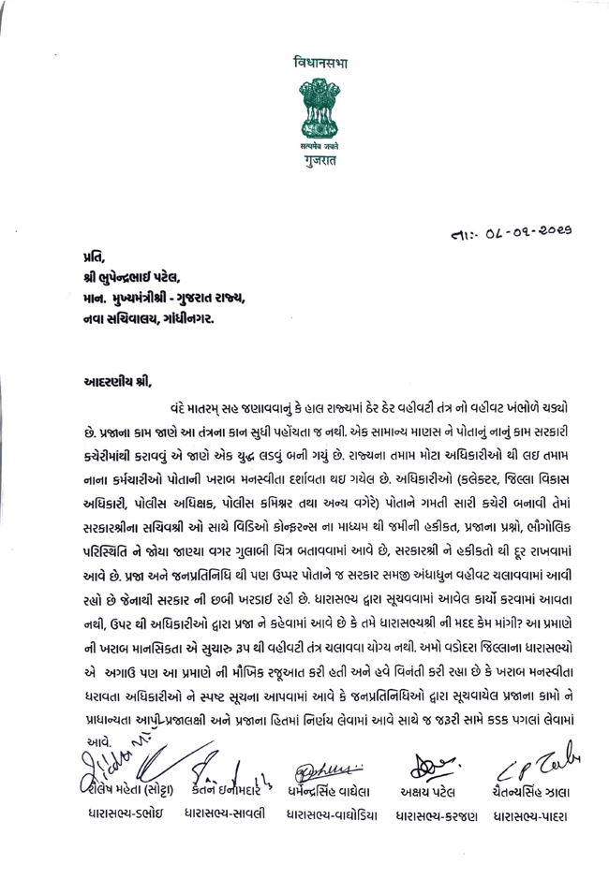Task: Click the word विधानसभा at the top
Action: click(320, 64)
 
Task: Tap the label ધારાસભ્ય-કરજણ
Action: click(436, 814)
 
